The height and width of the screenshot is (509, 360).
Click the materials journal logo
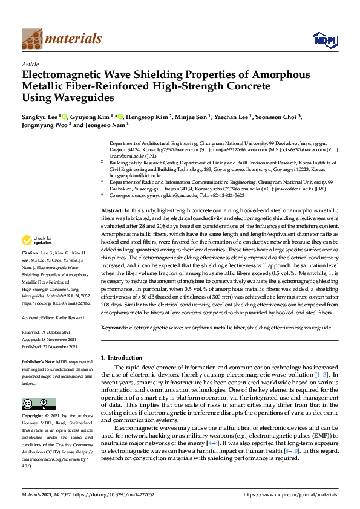(61, 39)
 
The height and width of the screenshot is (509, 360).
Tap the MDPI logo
(324, 40)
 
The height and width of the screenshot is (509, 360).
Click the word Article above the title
(30, 64)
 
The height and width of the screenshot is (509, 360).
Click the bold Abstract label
(112, 209)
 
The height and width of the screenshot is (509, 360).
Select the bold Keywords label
(114, 327)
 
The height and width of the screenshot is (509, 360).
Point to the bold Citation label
(30, 269)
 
